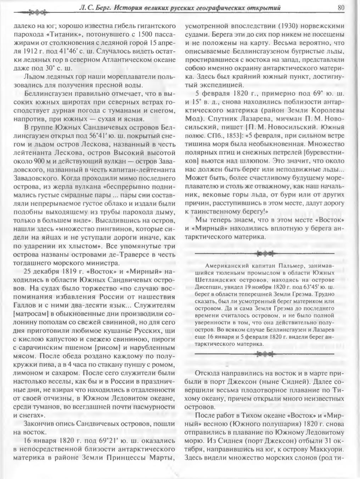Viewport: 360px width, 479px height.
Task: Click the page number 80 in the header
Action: [x=342, y=7]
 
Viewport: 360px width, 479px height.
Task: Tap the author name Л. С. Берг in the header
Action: [x=95, y=7]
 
